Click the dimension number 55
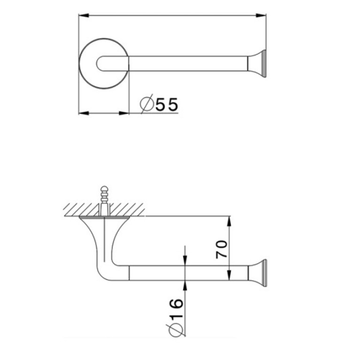(167, 105)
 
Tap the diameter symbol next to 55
(147, 104)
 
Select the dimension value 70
(222, 249)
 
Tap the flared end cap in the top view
(257, 63)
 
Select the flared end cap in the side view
(257, 273)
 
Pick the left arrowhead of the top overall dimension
(84, 15)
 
